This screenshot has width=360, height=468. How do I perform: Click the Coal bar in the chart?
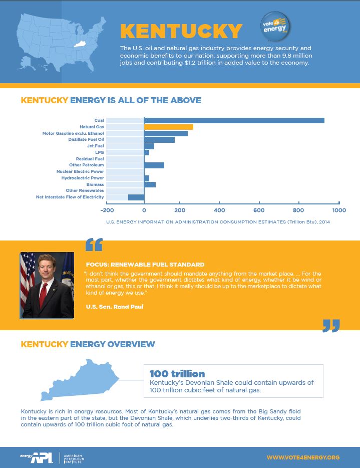click(234, 120)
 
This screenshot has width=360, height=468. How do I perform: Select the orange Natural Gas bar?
click(168, 127)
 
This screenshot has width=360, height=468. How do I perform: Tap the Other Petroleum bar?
click(154, 165)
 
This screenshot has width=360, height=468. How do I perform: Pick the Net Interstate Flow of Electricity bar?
click(136, 197)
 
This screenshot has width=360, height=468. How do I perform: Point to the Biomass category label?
click(95, 184)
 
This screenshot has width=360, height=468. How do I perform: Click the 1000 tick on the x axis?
click(339, 210)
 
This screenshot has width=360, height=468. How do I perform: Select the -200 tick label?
click(107, 210)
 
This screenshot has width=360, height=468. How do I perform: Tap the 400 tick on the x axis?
click(219, 210)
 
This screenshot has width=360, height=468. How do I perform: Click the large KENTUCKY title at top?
click(181, 31)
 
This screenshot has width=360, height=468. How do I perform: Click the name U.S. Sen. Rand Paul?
click(115, 306)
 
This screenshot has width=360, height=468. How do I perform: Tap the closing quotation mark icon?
click(331, 325)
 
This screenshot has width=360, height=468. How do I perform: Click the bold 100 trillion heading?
click(177, 374)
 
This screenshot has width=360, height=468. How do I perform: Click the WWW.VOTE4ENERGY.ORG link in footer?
click(303, 457)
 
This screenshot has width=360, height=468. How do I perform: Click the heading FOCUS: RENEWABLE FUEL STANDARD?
click(145, 264)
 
